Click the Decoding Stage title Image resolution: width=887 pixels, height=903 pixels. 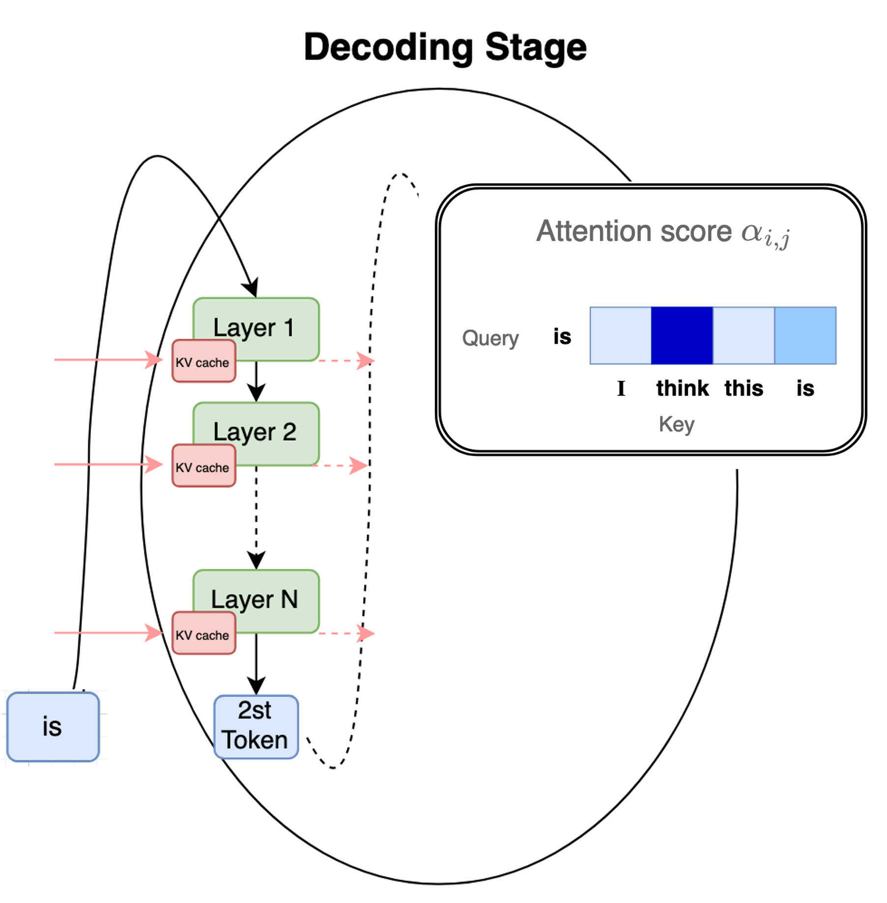pos(445,48)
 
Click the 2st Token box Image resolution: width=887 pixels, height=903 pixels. pos(256,727)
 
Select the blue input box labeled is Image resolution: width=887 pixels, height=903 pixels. pos(53,727)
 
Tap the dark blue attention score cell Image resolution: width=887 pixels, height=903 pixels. pos(682,336)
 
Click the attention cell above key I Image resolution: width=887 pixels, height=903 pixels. pos(621,336)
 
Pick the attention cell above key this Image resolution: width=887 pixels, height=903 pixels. pos(744,336)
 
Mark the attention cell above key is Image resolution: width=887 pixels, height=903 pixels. pos(805,336)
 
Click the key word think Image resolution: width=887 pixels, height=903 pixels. pos(682,389)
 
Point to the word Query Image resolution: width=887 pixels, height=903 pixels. pos(490,338)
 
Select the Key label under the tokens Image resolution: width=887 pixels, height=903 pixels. pos(676,424)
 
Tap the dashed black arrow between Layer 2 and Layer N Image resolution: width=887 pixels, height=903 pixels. pos(256,516)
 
